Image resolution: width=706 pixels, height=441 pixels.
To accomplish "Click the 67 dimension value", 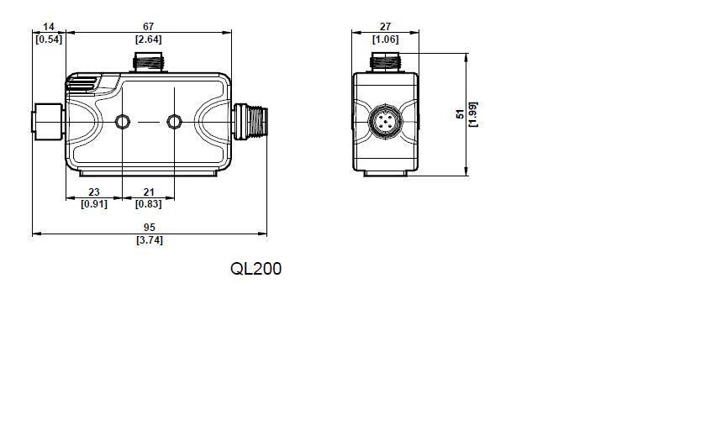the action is pos(148,27).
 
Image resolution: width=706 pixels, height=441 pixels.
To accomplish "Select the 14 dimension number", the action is pos(49,27).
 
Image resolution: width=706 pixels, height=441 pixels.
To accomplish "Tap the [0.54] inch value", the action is pos(49,39).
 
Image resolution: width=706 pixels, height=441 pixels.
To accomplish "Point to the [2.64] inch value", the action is pos(148,39).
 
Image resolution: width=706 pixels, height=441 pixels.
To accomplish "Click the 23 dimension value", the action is pos(94,192).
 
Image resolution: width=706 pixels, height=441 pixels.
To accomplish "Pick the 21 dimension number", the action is pos(149,192).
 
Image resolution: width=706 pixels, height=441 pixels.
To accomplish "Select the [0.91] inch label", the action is pos(94,204).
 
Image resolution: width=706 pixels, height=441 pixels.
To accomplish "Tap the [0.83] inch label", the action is pos(148,204).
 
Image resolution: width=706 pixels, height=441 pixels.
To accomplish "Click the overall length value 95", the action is pos(149,228).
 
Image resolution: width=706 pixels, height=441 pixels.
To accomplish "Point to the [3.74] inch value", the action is pos(150,240).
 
